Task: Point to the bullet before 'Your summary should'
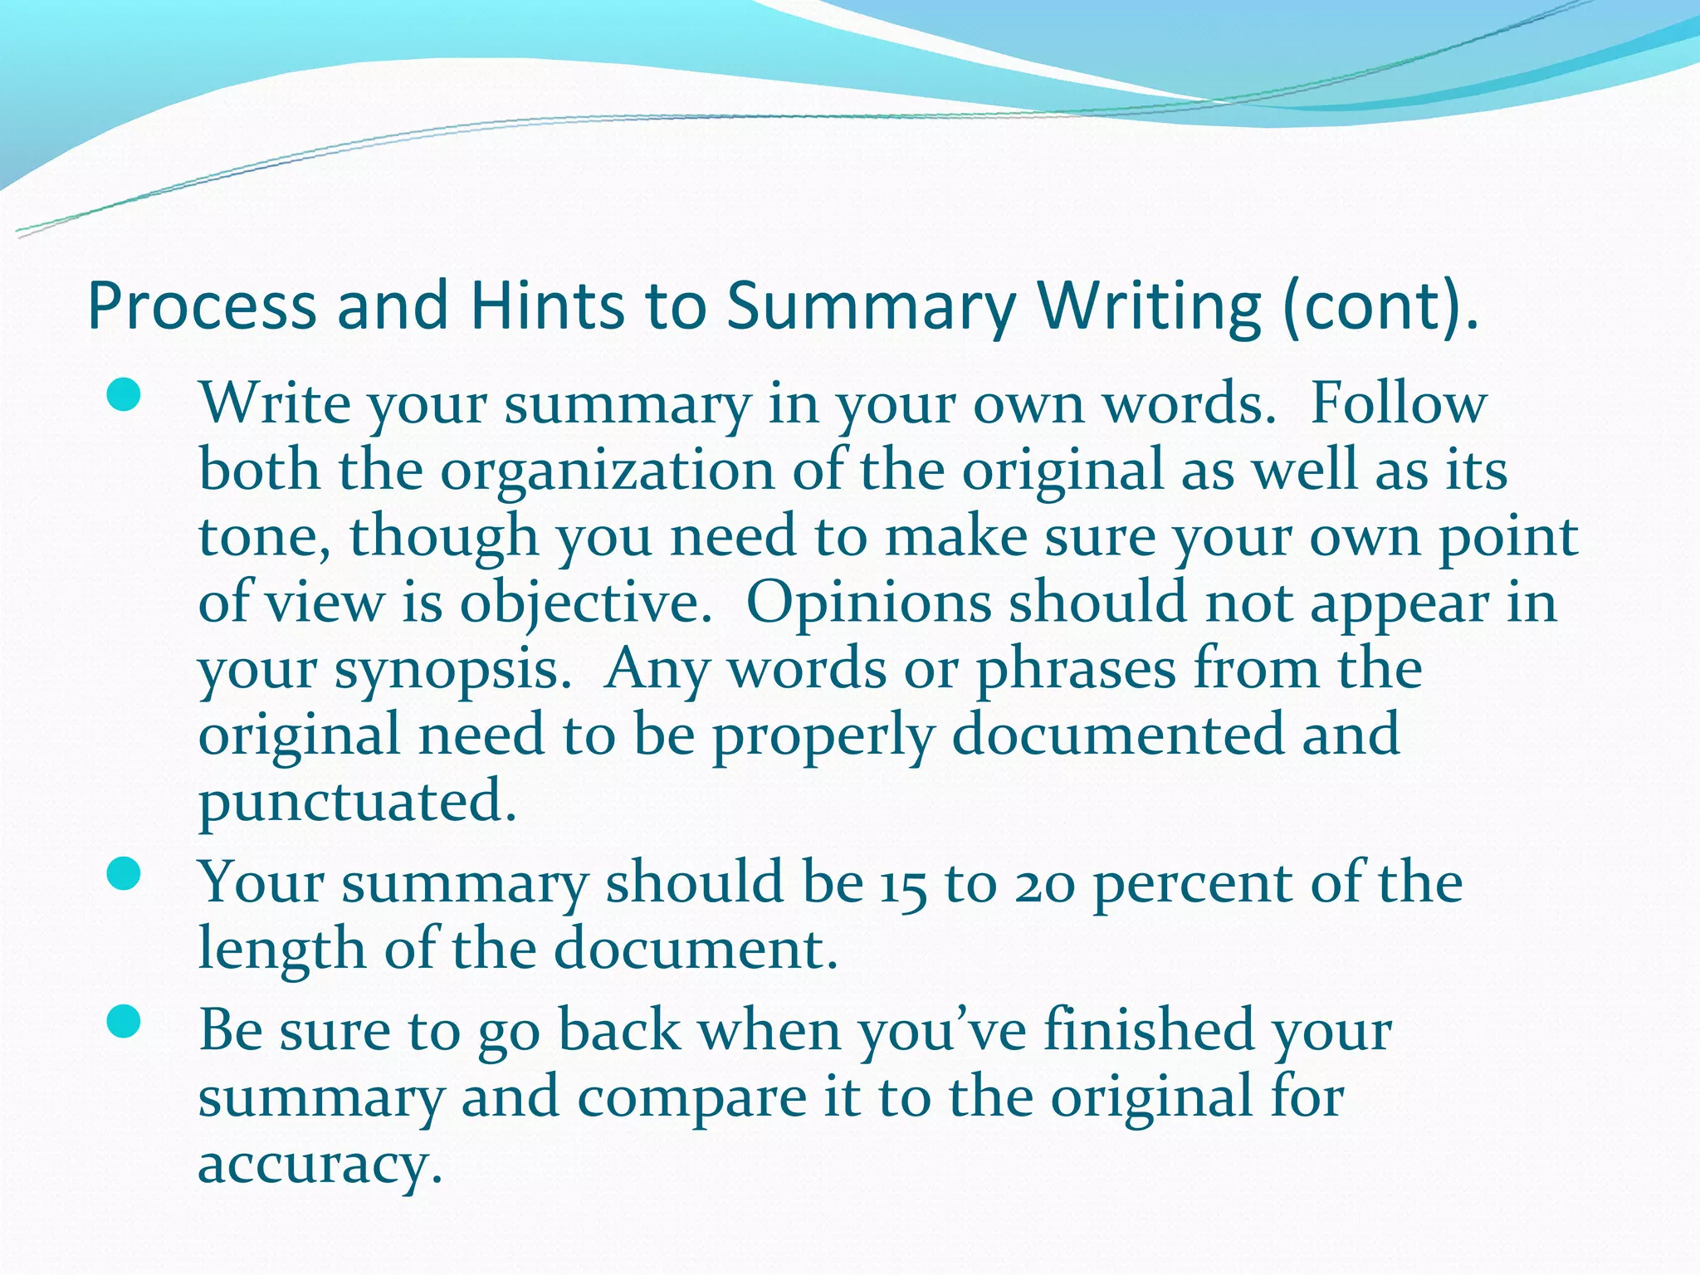tap(124, 875)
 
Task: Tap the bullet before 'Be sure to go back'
tap(124, 1023)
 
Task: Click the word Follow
tap(1398, 404)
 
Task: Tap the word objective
tap(585, 604)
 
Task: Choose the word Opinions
tap(868, 603)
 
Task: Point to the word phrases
tap(1076, 671)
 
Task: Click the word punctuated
tap(357, 802)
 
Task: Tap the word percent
tap(1193, 885)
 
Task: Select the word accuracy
tap(320, 1164)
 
